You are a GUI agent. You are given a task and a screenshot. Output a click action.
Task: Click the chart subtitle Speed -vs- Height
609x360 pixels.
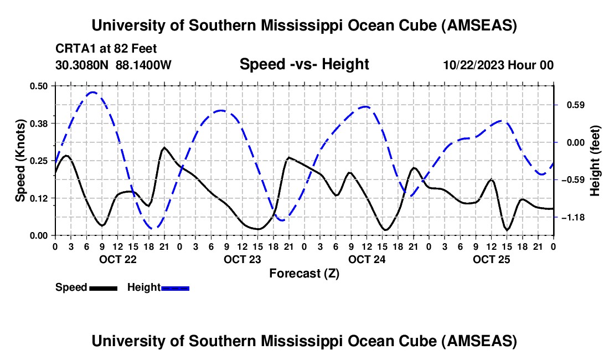pyautogui.click(x=304, y=64)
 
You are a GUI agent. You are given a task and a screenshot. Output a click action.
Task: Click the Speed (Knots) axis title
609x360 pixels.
pyautogui.click(x=20, y=160)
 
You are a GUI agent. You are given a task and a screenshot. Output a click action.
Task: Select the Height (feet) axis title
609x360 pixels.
pyautogui.click(x=595, y=160)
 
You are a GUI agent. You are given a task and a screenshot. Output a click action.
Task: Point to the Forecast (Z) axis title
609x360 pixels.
pyautogui.click(x=304, y=273)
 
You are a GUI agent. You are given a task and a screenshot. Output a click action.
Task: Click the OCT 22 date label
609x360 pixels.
pyautogui.click(x=117, y=259)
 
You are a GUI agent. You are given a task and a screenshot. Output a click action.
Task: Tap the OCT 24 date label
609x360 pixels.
pyautogui.click(x=367, y=259)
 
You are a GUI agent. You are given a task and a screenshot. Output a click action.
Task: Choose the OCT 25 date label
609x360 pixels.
pyautogui.click(x=491, y=259)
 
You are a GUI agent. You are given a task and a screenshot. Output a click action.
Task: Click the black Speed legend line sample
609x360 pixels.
pyautogui.click(x=103, y=287)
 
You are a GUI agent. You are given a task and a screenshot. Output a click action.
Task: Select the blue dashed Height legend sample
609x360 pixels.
pyautogui.click(x=176, y=287)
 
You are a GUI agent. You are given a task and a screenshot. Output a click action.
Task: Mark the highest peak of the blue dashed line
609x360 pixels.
pyautogui.click(x=93, y=92)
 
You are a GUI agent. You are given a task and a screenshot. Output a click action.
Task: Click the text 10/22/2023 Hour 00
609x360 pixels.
pyautogui.click(x=498, y=65)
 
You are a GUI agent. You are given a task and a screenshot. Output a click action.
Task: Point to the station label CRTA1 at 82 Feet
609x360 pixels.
pyautogui.click(x=106, y=49)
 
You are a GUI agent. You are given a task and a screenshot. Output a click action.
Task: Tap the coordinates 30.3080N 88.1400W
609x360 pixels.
pyautogui.click(x=113, y=65)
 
